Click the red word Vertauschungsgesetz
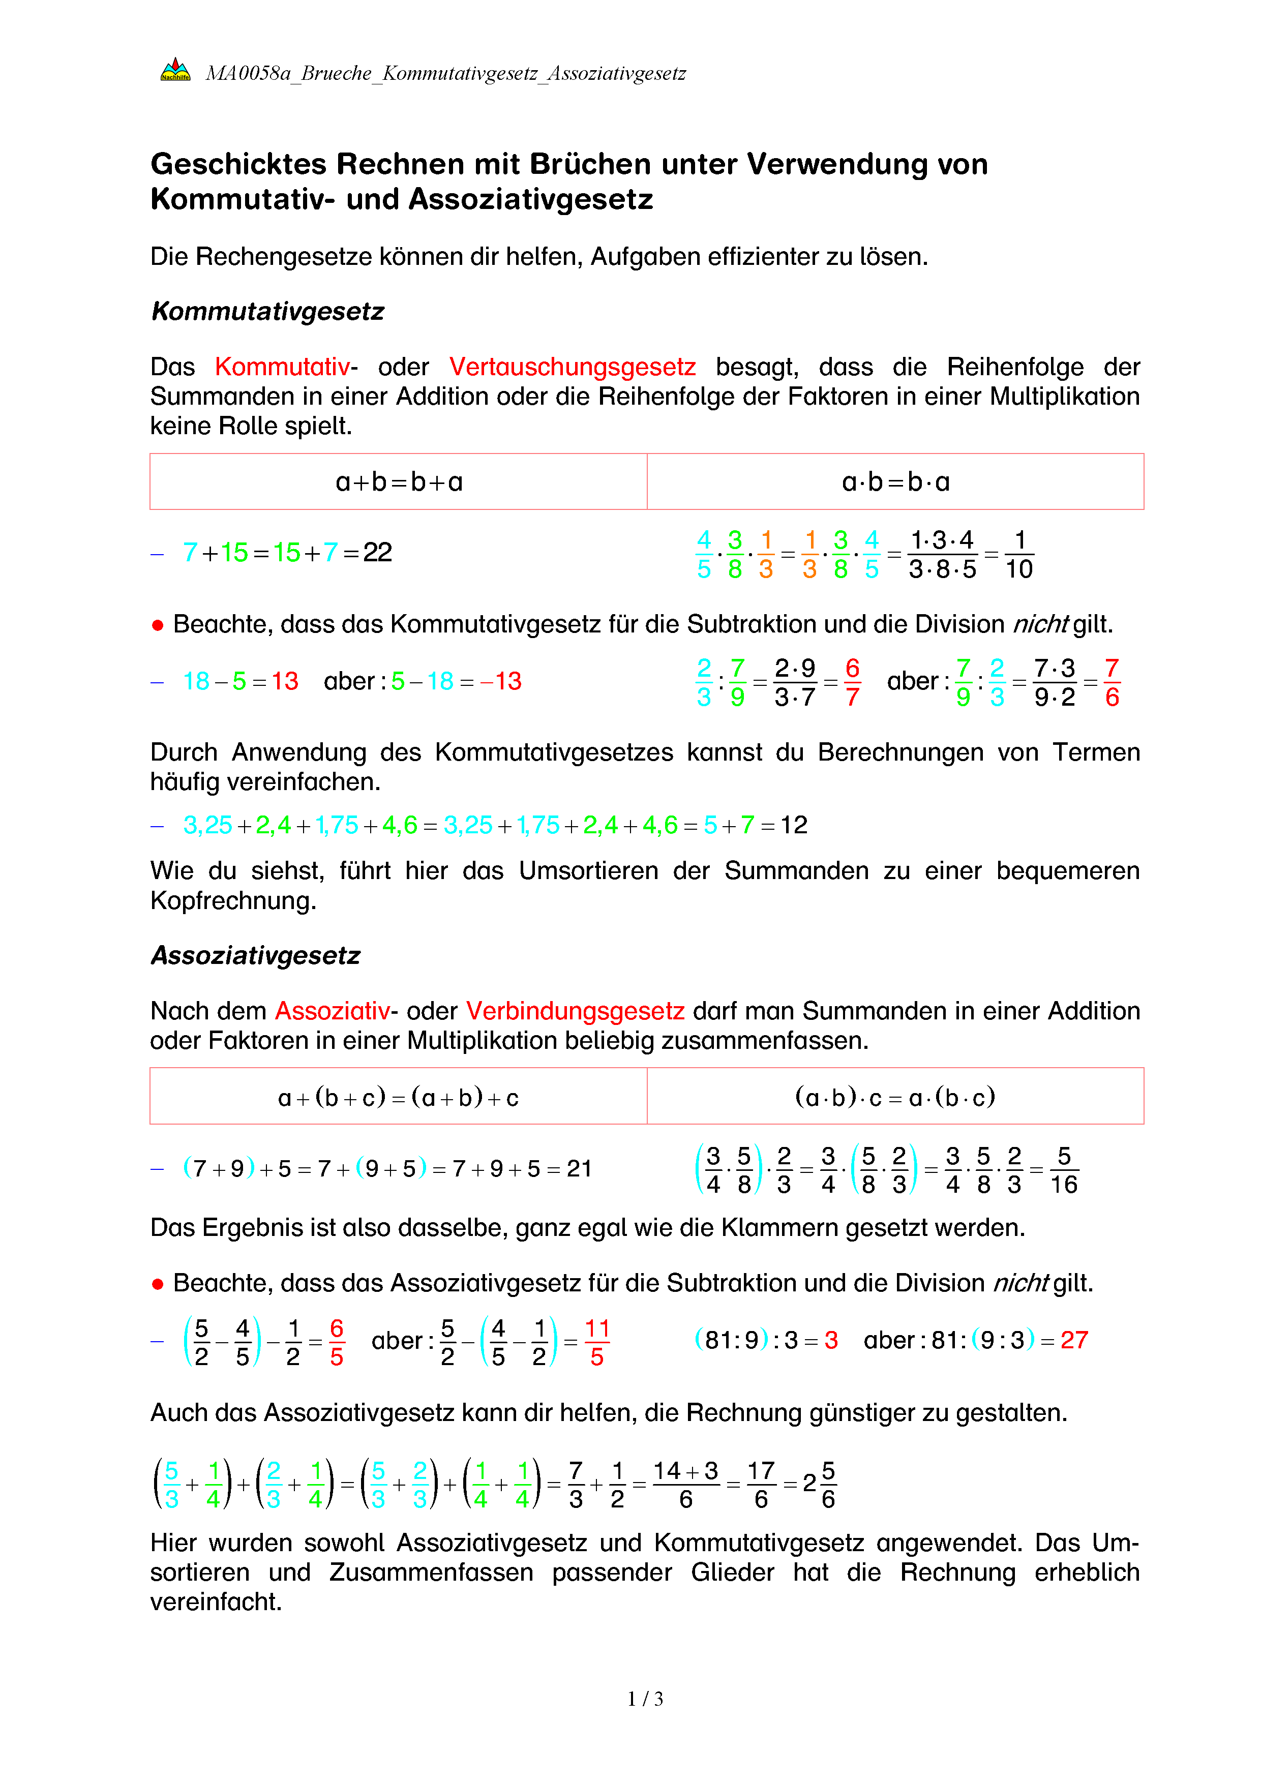pyautogui.click(x=572, y=367)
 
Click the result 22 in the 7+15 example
pyautogui.click(x=378, y=552)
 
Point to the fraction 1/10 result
pyautogui.click(x=1019, y=555)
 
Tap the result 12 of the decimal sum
pyautogui.click(x=794, y=825)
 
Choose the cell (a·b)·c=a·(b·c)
pyautogui.click(x=895, y=1097)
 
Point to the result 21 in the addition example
pyautogui.click(x=579, y=1169)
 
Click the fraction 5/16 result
pyautogui.click(x=1064, y=1170)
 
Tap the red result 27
pyautogui.click(x=1074, y=1340)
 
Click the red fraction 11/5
pyautogui.click(x=596, y=1342)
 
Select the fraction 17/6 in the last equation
pyautogui.click(x=761, y=1485)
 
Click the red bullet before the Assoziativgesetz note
pyautogui.click(x=158, y=1284)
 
